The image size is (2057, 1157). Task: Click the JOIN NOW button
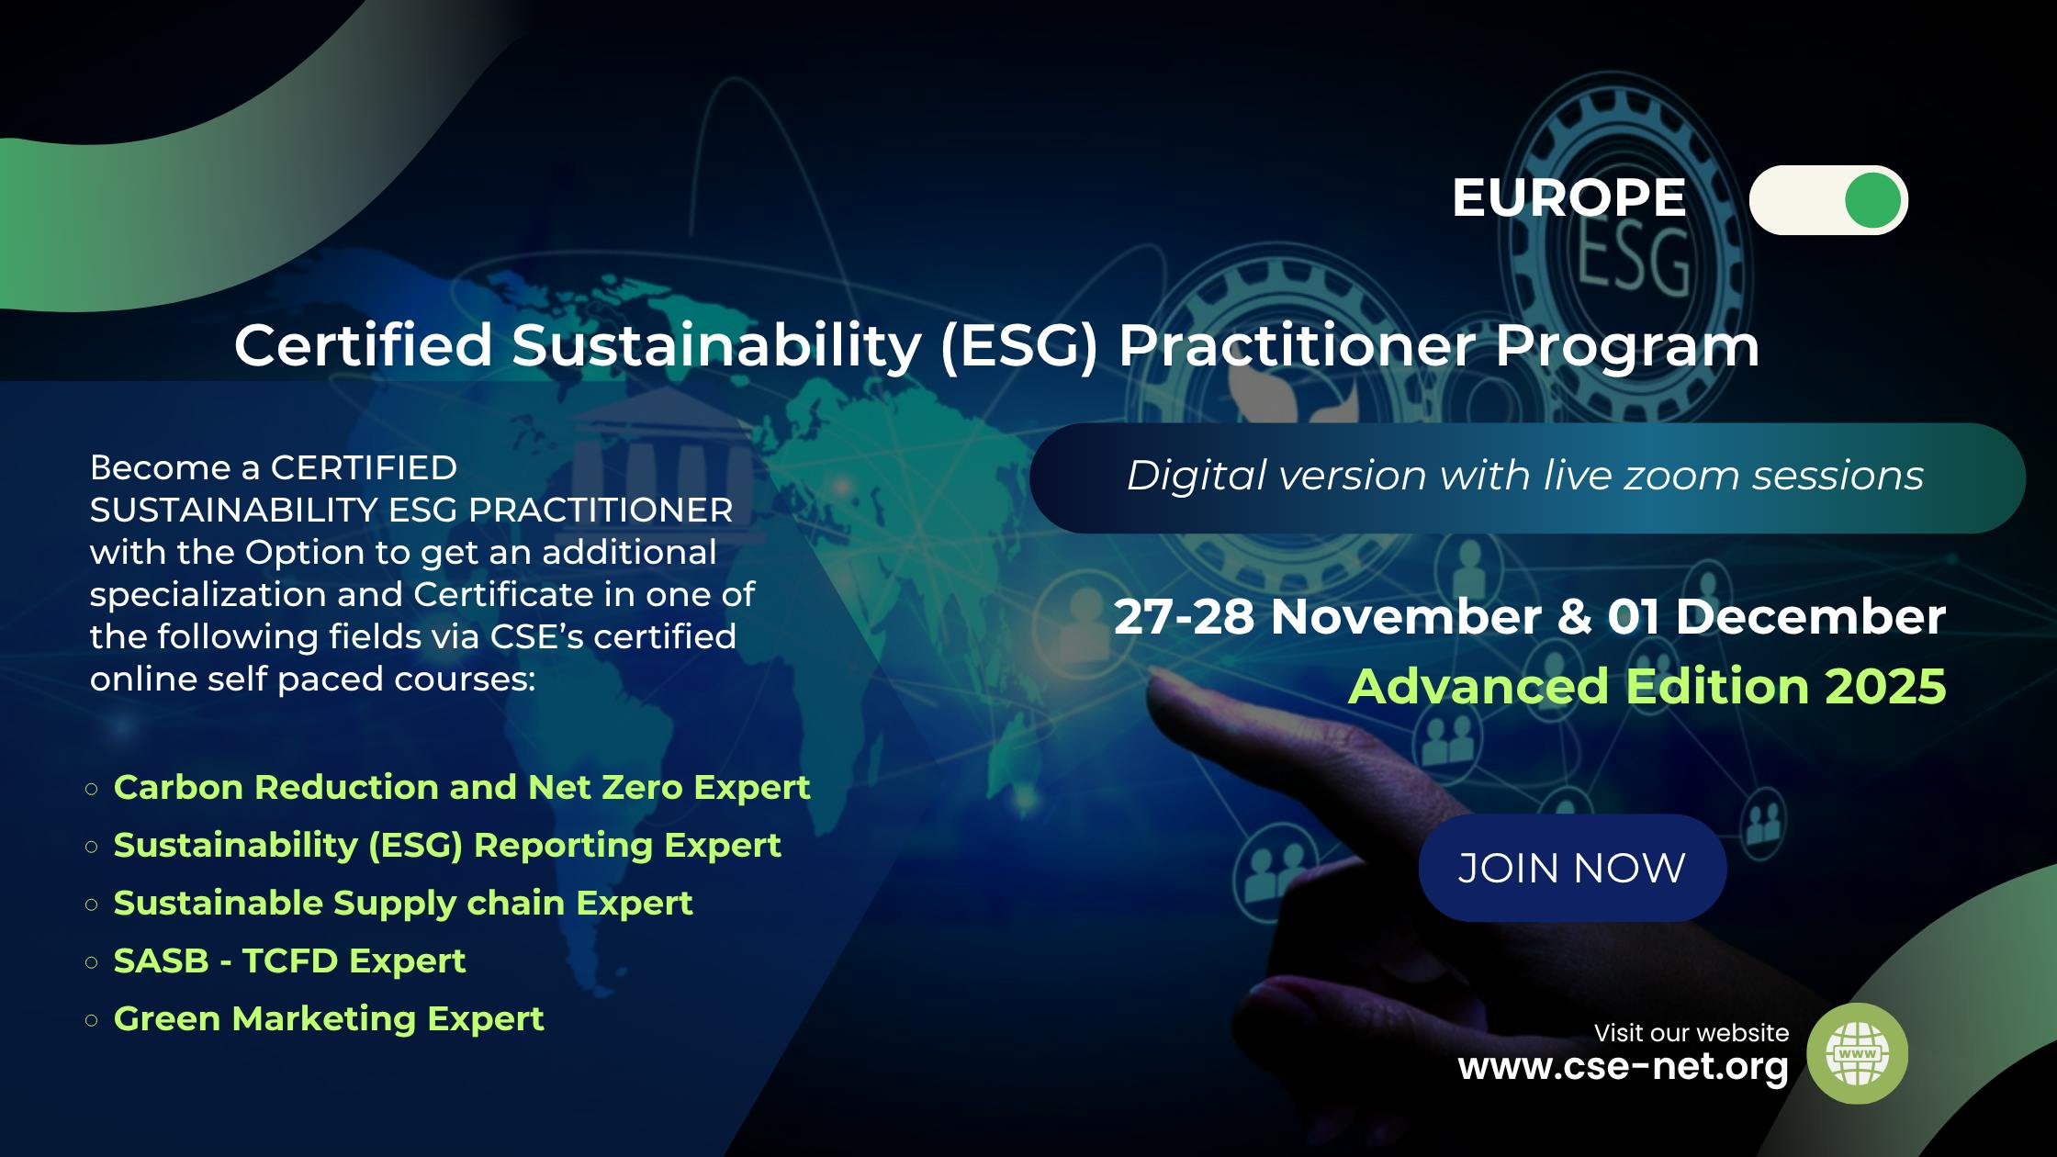click(1572, 868)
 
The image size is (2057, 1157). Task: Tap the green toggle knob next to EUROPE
click(1872, 200)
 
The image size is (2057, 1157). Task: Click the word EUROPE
click(1568, 197)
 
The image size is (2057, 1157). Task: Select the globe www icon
click(1857, 1053)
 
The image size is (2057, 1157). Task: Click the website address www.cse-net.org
click(1623, 1067)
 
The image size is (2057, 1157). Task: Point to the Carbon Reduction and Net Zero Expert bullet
click(461, 787)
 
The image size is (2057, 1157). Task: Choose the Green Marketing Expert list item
click(328, 1018)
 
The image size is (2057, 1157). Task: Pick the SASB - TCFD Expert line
click(289, 960)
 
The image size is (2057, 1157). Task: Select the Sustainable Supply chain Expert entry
click(402, 903)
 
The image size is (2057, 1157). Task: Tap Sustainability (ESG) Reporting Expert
click(446, 845)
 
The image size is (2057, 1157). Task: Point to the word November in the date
click(1406, 616)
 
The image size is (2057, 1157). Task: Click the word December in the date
click(1810, 616)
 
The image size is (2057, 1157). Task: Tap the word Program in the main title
click(1626, 345)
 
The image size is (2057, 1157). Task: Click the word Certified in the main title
click(364, 345)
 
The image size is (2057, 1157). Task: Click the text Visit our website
click(1691, 1033)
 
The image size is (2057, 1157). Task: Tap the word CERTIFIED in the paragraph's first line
click(364, 467)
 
